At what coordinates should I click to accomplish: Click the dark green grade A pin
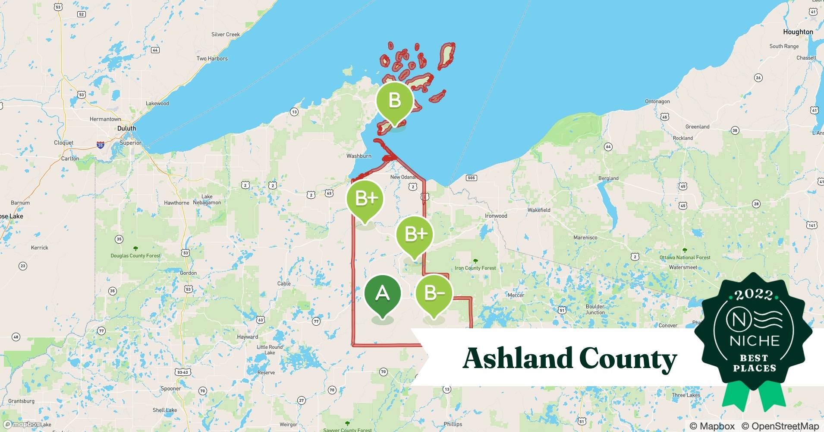click(383, 294)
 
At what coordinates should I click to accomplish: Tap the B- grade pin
click(434, 294)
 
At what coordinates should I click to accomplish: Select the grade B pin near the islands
click(395, 101)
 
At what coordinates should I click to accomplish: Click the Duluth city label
click(126, 128)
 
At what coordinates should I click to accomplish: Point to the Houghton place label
click(798, 32)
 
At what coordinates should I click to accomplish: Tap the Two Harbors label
click(212, 59)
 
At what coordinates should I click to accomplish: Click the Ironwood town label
click(496, 216)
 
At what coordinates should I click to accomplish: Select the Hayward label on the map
click(248, 337)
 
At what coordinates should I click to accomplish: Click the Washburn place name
click(359, 156)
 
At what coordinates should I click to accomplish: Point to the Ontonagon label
click(657, 102)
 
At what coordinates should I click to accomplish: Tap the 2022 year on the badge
click(754, 295)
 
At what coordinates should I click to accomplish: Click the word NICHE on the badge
click(755, 341)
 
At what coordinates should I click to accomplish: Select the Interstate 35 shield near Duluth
click(101, 145)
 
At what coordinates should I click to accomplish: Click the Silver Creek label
click(225, 35)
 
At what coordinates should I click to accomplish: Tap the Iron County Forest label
click(475, 268)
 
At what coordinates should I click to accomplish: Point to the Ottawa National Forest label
click(685, 257)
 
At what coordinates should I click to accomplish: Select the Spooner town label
click(171, 389)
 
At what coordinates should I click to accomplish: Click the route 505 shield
click(471, 178)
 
